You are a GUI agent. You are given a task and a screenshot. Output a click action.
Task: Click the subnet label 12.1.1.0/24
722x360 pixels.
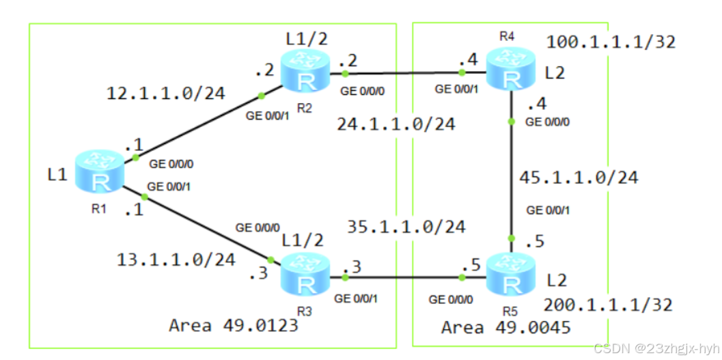165,94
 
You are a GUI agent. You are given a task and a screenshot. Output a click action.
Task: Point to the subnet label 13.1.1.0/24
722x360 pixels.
176,260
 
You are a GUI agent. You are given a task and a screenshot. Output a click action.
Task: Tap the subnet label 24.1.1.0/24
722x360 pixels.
395,124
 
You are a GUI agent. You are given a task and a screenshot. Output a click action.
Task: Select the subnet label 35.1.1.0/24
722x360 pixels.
406,226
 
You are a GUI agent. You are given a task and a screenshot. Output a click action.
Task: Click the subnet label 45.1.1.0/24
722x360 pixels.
579,178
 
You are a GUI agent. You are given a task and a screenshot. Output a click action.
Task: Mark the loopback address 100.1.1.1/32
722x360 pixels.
610,42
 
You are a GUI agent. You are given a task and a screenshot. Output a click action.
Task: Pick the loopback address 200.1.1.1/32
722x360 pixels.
608,305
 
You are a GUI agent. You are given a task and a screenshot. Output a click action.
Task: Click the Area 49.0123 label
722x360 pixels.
234,324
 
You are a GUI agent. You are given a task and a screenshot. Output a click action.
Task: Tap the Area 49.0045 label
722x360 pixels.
505,327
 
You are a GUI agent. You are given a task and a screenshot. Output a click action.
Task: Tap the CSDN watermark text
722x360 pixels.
654,348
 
